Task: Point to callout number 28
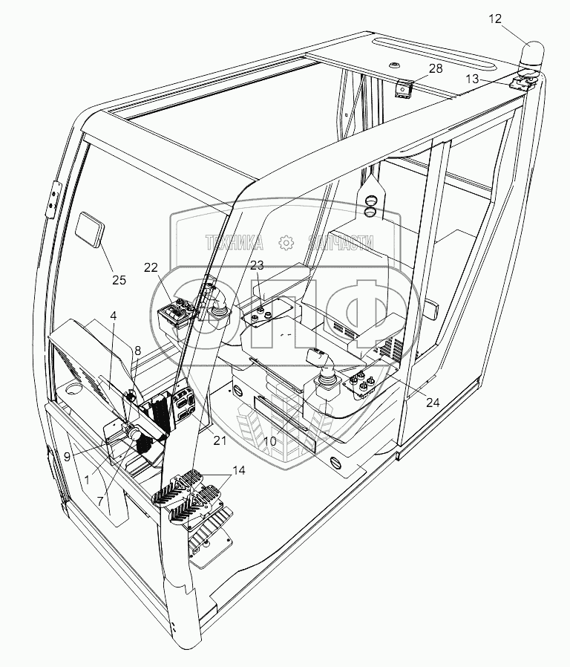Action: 436,69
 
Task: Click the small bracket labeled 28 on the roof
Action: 404,88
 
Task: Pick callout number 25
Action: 119,280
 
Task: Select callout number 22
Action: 151,268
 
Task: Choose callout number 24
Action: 432,403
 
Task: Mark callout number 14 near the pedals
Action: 237,469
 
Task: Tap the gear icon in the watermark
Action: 284,242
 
